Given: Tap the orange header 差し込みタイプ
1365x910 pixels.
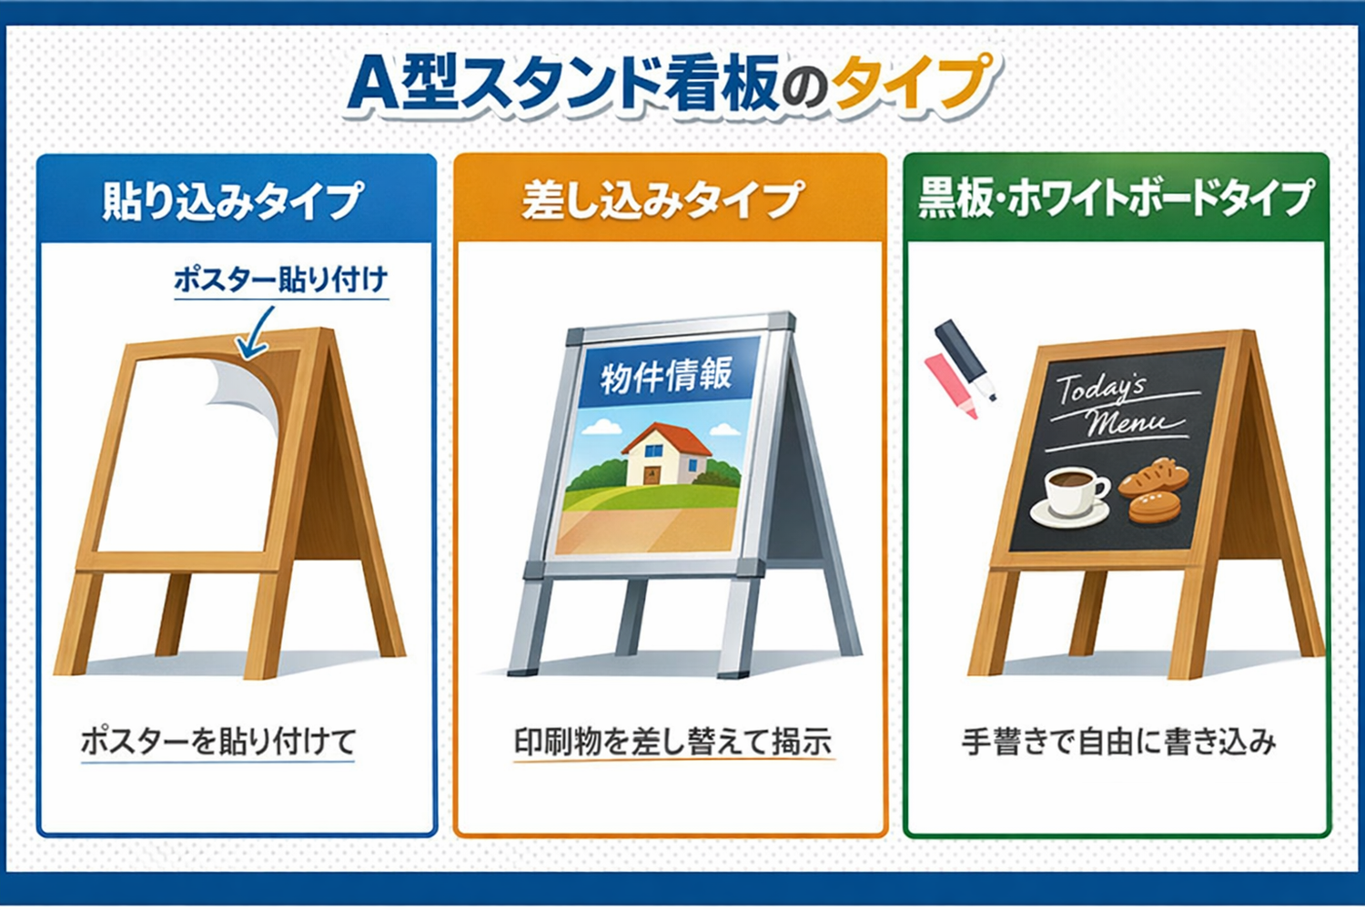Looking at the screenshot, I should tap(663, 200).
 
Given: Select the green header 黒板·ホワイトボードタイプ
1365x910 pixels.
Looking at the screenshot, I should tap(1116, 198).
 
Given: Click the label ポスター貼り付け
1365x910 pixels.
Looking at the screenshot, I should tap(280, 278).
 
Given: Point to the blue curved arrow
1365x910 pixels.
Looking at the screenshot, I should tap(255, 335).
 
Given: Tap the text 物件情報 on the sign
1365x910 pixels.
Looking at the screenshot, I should tap(666, 374).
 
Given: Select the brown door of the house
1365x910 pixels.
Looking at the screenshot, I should tap(652, 475).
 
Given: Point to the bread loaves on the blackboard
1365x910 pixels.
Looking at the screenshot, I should tap(1154, 491).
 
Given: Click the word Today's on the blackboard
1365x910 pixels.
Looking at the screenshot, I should tap(1101, 389).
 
